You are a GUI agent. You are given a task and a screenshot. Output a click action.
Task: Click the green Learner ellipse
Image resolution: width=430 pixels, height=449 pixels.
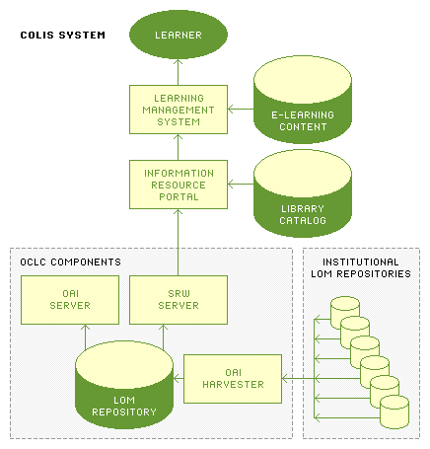(179, 35)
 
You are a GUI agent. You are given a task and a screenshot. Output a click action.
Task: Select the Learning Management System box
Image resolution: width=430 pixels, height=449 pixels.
(179, 110)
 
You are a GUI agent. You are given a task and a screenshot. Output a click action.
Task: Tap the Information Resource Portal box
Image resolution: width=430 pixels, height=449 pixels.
(179, 185)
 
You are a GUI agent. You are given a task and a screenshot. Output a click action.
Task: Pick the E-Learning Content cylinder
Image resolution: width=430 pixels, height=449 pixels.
(303, 100)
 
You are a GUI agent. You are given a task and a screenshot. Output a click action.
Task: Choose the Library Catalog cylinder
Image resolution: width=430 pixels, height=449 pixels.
(303, 193)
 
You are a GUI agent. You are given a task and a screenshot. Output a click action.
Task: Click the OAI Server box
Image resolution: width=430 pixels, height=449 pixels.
(70, 300)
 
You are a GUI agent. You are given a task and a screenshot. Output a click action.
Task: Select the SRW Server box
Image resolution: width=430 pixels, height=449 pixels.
(179, 300)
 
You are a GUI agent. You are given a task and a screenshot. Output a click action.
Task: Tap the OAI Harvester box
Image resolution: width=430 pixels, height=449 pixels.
(233, 379)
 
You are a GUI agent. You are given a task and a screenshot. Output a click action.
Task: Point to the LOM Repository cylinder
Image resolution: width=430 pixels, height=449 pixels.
(124, 385)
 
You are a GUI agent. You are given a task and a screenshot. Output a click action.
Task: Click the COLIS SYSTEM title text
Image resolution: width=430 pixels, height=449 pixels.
(63, 36)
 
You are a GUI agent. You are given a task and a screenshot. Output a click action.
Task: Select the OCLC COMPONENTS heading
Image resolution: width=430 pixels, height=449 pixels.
(70, 262)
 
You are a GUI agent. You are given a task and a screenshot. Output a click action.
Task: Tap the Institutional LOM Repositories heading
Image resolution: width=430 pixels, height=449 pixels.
(361, 267)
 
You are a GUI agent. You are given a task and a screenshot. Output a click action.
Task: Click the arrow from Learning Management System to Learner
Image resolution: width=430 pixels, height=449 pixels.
(178, 72)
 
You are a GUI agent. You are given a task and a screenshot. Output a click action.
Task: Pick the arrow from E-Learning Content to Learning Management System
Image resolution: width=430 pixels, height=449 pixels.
(241, 109)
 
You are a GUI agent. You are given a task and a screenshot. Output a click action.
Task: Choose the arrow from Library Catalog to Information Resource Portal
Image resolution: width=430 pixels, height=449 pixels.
(241, 184)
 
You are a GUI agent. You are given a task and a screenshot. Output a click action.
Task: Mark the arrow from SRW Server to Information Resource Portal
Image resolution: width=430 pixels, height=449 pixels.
(178, 242)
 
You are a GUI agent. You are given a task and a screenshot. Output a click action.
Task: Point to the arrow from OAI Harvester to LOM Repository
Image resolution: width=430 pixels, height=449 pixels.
(179, 379)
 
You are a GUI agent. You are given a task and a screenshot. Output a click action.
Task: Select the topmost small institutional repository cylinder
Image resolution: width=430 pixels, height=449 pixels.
(345, 313)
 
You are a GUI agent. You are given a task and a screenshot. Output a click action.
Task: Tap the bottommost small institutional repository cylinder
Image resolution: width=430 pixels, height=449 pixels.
(394, 412)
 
